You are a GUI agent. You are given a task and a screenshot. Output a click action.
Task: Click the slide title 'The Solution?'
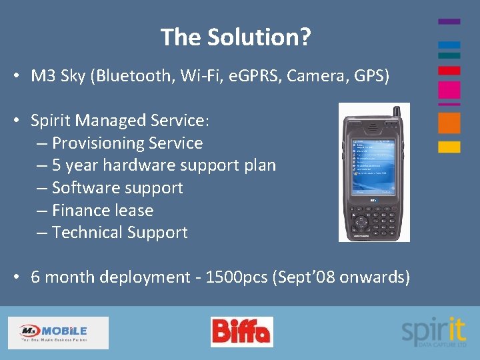235,37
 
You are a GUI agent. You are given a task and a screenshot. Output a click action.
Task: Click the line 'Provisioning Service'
127,143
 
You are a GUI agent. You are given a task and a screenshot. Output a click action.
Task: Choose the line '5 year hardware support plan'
163,165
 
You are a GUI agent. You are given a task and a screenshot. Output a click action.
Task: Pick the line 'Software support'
117,188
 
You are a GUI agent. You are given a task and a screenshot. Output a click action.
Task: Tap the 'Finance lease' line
103,211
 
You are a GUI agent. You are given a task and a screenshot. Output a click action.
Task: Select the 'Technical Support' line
120,233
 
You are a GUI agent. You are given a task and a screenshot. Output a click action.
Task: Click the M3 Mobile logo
57,332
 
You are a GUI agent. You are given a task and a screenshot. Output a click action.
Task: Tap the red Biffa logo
241,332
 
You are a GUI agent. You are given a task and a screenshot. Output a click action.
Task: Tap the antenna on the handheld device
396,112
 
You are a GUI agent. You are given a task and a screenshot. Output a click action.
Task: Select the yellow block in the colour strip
449,147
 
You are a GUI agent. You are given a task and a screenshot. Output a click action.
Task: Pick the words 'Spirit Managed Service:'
120,121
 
